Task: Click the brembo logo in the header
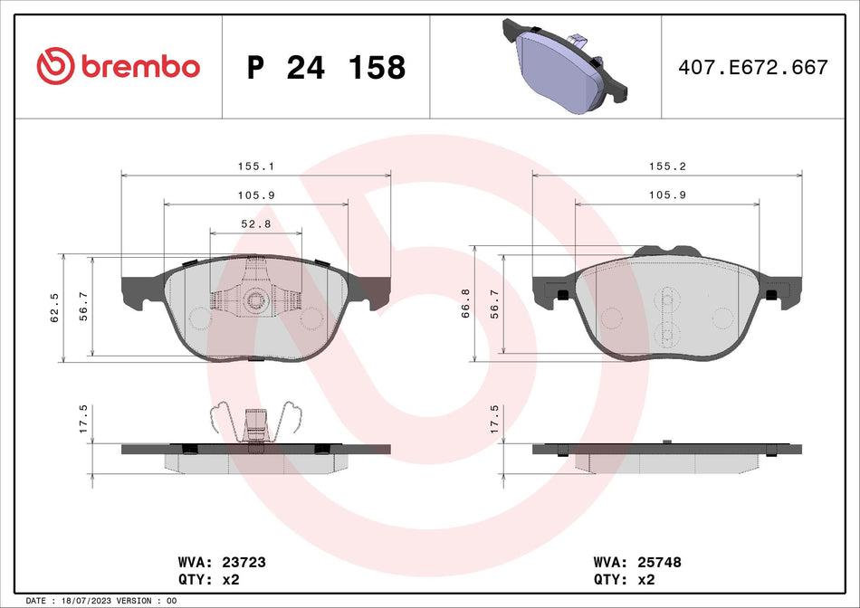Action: pyautogui.click(x=118, y=65)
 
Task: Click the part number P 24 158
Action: pyautogui.click(x=326, y=67)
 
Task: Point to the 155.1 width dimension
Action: pyautogui.click(x=257, y=166)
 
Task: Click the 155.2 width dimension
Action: pyautogui.click(x=666, y=166)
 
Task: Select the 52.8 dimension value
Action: pyautogui.click(x=256, y=225)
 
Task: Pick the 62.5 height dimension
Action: pyautogui.click(x=56, y=307)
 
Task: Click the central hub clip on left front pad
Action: pyautogui.click(x=256, y=300)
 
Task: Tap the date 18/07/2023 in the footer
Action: pyautogui.click(x=91, y=601)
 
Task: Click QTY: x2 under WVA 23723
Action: pyautogui.click(x=209, y=578)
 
